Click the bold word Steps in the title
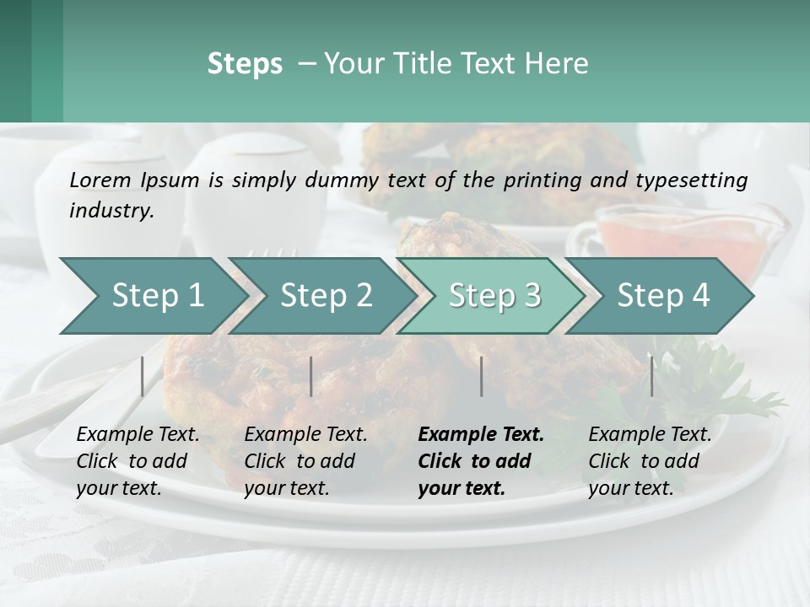[245, 64]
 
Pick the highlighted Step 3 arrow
[494, 295]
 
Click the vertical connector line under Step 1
[143, 376]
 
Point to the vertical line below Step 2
[311, 376]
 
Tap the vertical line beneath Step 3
[481, 376]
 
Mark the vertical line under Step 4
[651, 376]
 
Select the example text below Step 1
[138, 461]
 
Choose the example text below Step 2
[305, 461]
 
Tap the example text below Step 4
[650, 461]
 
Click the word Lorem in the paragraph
[100, 180]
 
